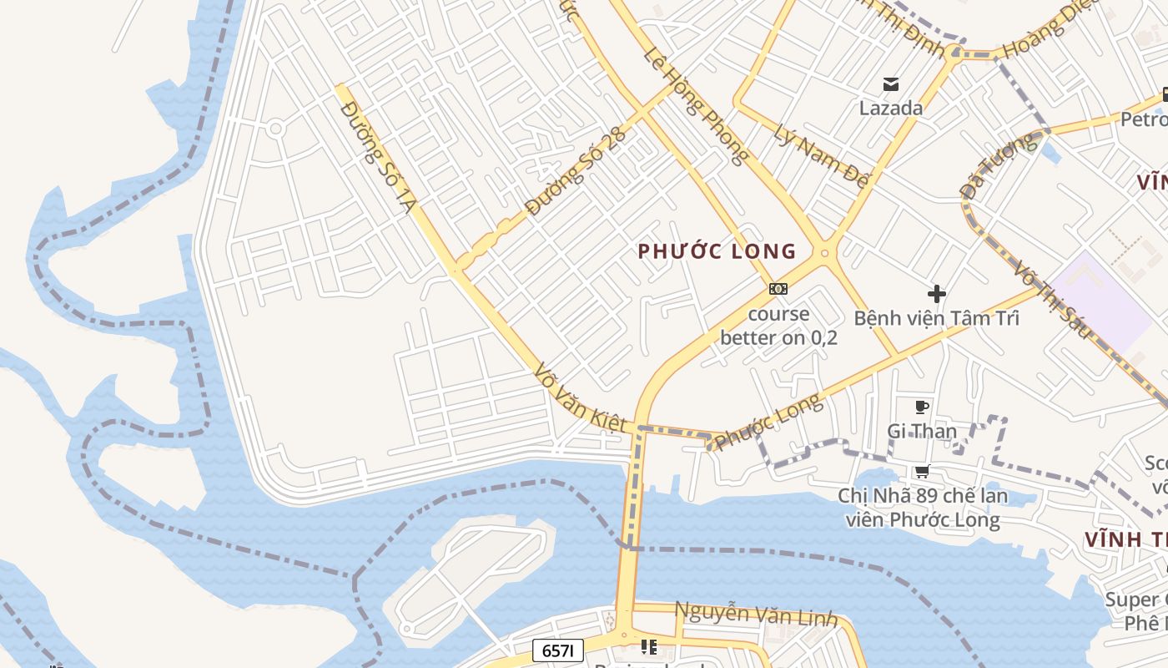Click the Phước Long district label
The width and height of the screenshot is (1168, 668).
(x=717, y=250)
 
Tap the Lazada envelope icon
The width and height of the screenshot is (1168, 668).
(x=891, y=83)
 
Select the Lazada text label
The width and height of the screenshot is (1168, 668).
(x=891, y=108)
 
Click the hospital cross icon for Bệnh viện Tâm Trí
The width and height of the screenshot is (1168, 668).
(x=937, y=294)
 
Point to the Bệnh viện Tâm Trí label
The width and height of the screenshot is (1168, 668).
(x=936, y=318)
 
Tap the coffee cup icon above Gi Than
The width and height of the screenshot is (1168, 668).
(x=921, y=407)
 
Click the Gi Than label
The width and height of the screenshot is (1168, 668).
(x=921, y=431)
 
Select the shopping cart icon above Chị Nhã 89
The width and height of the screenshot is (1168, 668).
(x=922, y=472)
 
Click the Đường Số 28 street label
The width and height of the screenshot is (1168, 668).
(x=576, y=173)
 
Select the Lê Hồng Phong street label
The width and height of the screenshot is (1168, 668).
(x=696, y=104)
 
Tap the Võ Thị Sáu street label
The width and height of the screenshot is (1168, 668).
(x=1052, y=298)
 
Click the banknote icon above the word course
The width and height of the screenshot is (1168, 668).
(x=778, y=289)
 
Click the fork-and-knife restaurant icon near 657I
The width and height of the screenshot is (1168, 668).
(x=648, y=646)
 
